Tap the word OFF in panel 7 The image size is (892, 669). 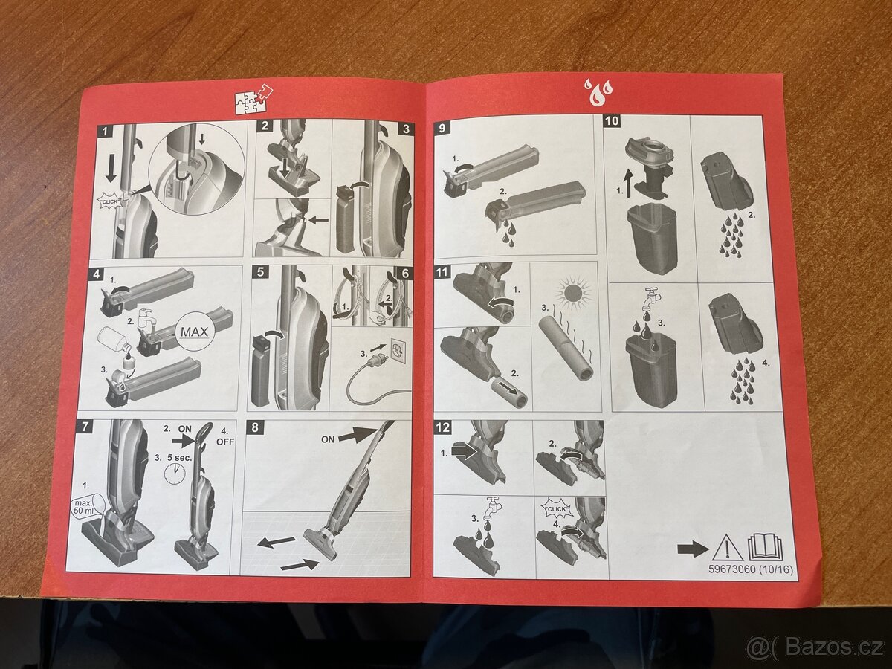pos(225,442)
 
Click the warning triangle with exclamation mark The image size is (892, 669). pos(728,548)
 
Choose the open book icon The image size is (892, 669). pos(765,547)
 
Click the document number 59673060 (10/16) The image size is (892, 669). pos(750,569)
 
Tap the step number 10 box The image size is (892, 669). pos(612,121)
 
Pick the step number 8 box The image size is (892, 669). pos(255,427)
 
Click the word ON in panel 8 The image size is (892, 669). pos(328,439)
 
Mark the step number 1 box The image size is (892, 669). pos(106,132)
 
